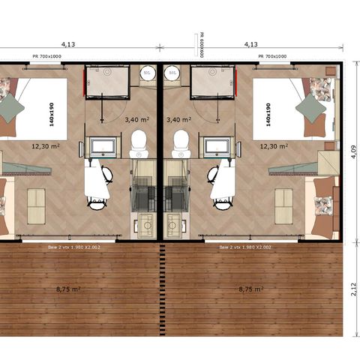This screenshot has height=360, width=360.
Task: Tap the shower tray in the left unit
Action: click(106, 82)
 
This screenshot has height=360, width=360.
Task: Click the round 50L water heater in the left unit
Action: click(148, 73)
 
